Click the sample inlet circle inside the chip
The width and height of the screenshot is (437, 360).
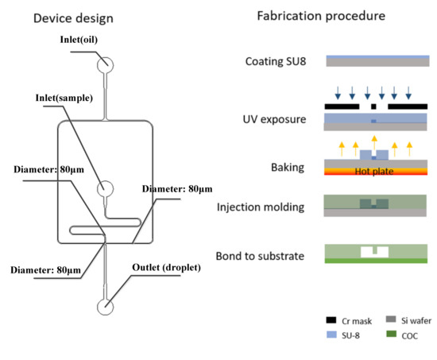[105, 189]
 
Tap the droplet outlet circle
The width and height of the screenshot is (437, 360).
[105, 307]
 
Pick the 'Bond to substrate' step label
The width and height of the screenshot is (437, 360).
[266, 256]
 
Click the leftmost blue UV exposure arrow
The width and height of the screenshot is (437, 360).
[331, 93]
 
